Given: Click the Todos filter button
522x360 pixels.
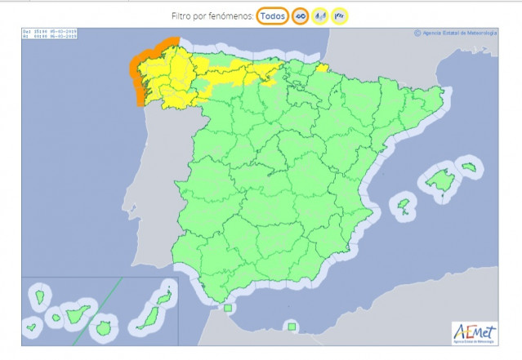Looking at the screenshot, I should (x=272, y=16).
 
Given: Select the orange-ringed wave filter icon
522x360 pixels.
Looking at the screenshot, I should (x=300, y=16).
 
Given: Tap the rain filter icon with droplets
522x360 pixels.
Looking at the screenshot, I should (x=319, y=16).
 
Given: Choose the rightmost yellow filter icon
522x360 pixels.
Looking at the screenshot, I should (x=339, y=16).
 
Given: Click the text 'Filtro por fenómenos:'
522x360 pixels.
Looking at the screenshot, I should (x=212, y=16).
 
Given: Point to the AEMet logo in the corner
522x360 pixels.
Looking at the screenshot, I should (x=473, y=332).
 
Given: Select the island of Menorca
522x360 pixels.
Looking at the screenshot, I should (x=468, y=167).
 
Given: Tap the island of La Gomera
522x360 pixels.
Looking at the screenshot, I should (x=55, y=318).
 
